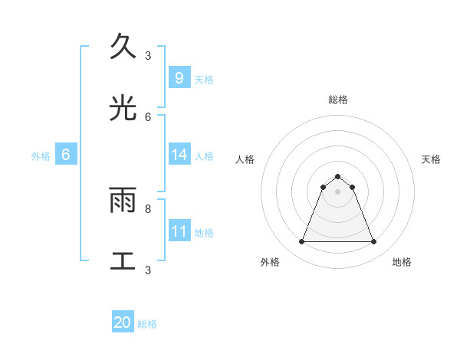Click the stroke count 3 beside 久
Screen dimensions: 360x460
click(x=148, y=55)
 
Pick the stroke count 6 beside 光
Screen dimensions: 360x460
click(x=148, y=116)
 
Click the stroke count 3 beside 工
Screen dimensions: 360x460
click(x=148, y=270)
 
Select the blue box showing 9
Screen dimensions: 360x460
click(x=179, y=77)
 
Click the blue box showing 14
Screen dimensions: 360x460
click(x=179, y=155)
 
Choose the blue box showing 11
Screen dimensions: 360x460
click(x=179, y=231)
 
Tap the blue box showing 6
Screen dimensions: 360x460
click(x=66, y=155)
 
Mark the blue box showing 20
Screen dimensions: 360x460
click(x=123, y=323)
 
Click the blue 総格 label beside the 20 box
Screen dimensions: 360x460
click(x=148, y=325)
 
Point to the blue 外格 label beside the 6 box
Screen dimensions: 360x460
click(x=41, y=156)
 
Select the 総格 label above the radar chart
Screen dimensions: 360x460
click(x=337, y=100)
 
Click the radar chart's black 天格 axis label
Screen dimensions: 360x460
click(x=432, y=159)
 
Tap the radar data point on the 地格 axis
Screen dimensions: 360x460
click(x=373, y=242)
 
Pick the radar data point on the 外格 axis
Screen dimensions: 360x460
click(x=301, y=242)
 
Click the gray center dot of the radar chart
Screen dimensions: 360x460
click(x=337, y=191)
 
